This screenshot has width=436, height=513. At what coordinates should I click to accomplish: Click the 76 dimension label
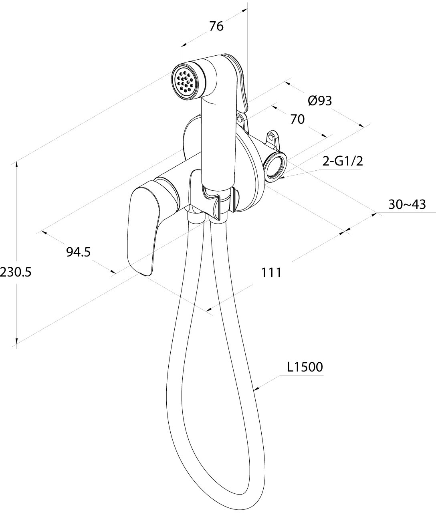[x=216, y=26]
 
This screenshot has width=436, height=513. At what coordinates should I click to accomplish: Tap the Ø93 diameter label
[x=320, y=101]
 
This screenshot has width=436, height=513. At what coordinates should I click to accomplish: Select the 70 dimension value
[x=297, y=119]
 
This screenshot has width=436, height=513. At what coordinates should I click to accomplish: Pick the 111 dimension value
[x=271, y=273]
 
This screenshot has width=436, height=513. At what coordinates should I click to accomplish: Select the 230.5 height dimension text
[x=16, y=272]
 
